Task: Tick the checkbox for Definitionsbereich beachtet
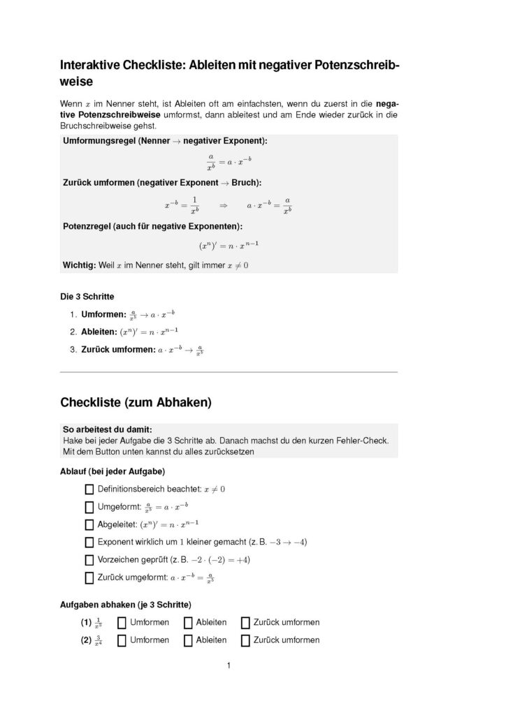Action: click(x=89, y=489)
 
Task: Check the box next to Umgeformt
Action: click(x=89, y=507)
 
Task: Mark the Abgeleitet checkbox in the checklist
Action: click(x=89, y=524)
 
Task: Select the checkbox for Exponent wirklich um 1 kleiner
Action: click(x=89, y=542)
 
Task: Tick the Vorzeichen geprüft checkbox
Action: click(x=89, y=559)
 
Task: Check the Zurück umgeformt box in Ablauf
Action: click(x=89, y=577)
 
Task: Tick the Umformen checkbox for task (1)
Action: click(x=122, y=622)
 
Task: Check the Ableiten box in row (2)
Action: click(x=188, y=640)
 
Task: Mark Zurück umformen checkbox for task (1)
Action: click(x=245, y=622)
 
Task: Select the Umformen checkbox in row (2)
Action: click(x=122, y=640)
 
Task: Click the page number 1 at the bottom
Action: click(x=229, y=665)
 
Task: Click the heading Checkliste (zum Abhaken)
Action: click(x=136, y=402)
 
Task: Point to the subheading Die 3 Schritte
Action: click(x=87, y=296)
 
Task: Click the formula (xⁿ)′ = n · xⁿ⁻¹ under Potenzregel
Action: click(x=229, y=246)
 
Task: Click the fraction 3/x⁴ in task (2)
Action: click(x=99, y=640)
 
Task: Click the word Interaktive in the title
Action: click(x=89, y=66)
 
